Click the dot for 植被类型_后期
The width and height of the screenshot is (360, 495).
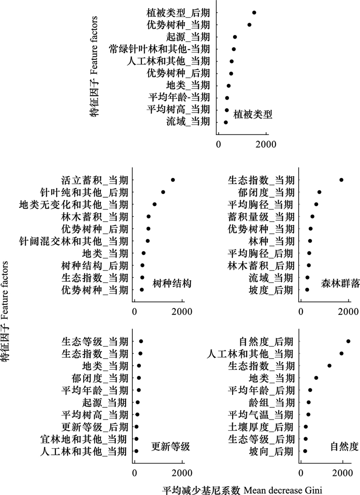pos(254,13)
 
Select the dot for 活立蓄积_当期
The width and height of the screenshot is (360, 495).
pos(173,180)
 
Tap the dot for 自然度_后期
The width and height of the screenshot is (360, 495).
pos(348,341)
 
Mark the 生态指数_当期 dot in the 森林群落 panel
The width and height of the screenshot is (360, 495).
pos(342,180)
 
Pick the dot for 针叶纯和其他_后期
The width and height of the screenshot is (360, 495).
pos(163,192)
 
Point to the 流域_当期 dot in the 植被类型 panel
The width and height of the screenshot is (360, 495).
pos(225,122)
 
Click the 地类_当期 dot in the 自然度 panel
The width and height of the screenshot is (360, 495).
pos(316,378)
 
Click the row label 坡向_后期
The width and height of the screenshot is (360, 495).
pos(271,452)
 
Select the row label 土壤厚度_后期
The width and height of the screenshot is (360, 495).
pos(261,427)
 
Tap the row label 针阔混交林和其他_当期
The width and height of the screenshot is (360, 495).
pos(74,241)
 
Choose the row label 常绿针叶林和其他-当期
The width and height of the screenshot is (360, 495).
pos(160,49)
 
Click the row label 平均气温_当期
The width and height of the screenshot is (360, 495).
pos(261,415)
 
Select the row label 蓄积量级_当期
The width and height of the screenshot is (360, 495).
pos(261,217)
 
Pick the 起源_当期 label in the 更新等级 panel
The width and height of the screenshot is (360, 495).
pos(104,403)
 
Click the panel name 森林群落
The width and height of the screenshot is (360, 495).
pos(340,284)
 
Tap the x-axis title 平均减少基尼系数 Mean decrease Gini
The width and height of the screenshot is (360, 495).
pos(243,490)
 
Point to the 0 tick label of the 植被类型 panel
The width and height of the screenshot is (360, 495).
pos(219,144)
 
